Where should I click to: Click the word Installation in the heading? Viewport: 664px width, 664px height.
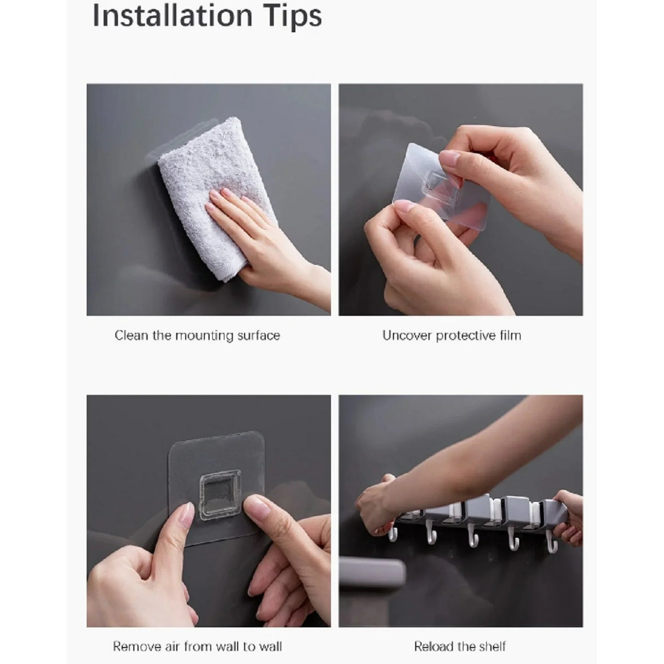(x=172, y=16)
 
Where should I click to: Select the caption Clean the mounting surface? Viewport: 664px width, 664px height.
(x=197, y=335)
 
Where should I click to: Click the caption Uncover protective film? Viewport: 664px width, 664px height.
(x=452, y=335)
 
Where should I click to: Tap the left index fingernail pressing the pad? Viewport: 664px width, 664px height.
(x=187, y=513)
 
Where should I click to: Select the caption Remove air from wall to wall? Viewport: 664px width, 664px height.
(x=197, y=647)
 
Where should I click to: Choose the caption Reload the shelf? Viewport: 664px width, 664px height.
(x=460, y=647)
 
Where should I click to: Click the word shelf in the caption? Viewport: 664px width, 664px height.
(x=492, y=647)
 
